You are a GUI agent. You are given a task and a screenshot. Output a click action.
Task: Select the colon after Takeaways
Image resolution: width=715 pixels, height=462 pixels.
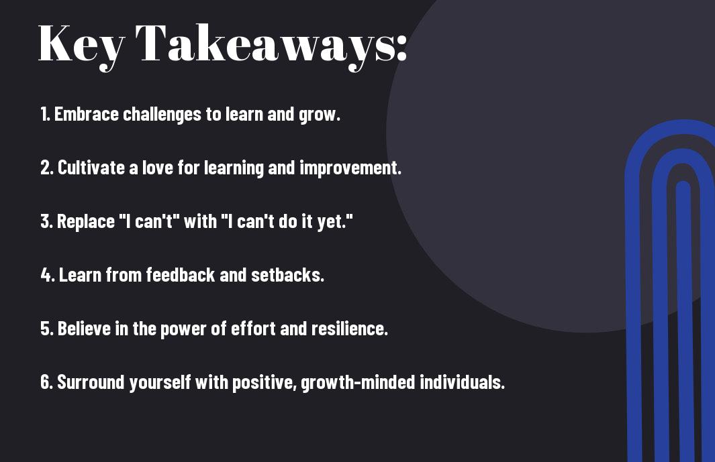(401, 46)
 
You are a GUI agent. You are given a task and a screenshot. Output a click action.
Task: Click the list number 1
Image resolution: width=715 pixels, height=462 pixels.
(45, 114)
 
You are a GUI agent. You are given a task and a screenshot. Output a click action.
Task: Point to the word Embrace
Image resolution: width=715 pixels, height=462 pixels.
(87, 114)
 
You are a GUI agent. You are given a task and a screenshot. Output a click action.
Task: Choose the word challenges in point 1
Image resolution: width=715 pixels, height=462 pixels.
(162, 115)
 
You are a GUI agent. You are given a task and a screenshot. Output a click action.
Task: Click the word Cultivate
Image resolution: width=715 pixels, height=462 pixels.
(91, 168)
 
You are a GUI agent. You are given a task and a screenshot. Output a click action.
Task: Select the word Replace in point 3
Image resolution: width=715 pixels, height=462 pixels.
(86, 222)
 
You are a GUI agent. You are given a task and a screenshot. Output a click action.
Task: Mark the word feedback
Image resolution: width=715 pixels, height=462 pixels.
(181, 275)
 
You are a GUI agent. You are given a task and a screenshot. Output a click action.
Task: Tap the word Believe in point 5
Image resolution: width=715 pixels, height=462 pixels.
(84, 329)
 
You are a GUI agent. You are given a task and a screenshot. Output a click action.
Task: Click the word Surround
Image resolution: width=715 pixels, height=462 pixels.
(91, 382)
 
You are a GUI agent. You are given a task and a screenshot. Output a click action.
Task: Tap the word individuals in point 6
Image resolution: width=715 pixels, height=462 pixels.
(461, 382)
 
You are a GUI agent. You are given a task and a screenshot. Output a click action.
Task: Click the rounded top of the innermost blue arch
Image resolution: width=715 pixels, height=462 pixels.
(683, 184)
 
